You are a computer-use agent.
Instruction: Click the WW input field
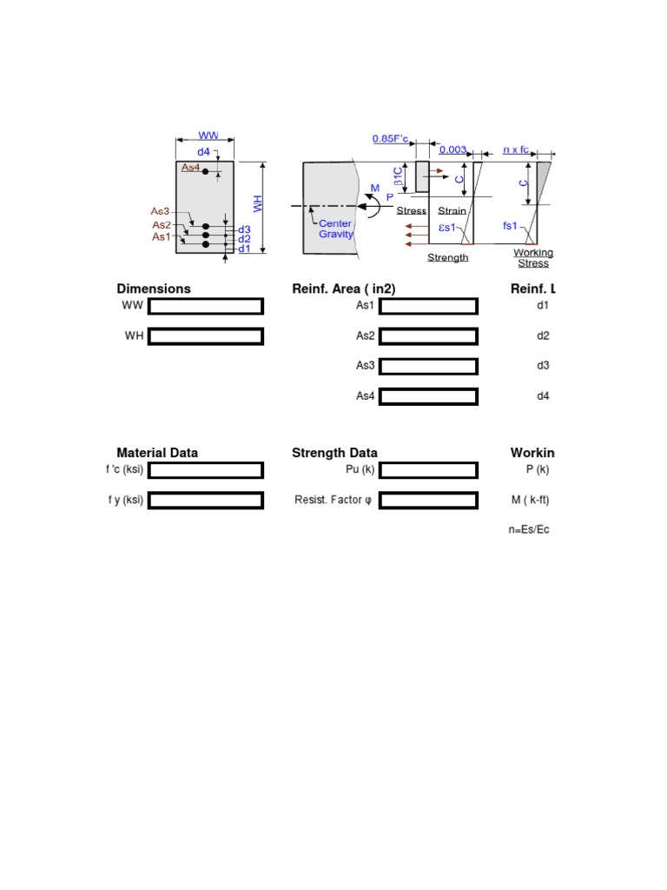tap(206, 306)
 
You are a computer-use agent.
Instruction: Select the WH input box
tap(206, 335)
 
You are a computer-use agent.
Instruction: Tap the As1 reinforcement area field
tap(429, 306)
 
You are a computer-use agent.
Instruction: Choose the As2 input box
tap(429, 335)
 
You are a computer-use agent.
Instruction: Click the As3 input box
tap(429, 366)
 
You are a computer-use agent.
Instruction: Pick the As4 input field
tap(429, 396)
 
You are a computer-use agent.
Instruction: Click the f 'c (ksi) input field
tap(206, 470)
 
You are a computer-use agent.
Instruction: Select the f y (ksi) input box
tap(206, 501)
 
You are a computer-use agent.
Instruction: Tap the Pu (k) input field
tap(429, 470)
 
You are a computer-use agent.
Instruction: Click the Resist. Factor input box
tap(429, 501)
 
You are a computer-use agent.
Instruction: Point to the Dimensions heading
tap(154, 289)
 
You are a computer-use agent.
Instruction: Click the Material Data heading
tap(157, 453)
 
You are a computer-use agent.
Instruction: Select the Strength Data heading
tap(334, 453)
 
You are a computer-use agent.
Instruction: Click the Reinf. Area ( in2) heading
tap(350, 289)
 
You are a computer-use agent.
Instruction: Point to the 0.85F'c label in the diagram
tap(391, 139)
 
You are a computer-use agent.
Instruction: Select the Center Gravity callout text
tap(335, 229)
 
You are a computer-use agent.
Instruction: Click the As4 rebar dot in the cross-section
tap(206, 172)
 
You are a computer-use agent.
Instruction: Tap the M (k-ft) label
tap(531, 501)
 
